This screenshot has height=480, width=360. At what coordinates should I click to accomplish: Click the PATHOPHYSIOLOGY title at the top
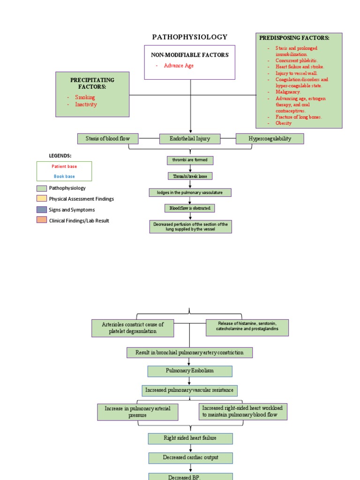[190, 37]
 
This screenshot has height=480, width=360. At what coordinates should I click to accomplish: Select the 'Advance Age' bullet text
[179, 66]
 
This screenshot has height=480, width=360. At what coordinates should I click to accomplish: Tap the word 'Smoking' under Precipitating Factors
[85, 97]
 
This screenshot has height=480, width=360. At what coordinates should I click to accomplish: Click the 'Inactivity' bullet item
[86, 105]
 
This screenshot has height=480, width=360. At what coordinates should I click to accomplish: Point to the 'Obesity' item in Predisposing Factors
[284, 123]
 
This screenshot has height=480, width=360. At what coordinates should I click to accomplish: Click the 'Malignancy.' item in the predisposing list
[288, 92]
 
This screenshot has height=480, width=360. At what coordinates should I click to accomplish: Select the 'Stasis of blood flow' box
[108, 138]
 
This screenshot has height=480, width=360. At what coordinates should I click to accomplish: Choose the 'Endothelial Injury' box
[190, 139]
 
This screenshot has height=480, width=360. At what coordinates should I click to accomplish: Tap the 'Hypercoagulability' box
[270, 138]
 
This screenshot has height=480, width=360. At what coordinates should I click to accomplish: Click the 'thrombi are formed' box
[190, 160]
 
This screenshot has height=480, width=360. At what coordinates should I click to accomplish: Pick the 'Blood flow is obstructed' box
[190, 208]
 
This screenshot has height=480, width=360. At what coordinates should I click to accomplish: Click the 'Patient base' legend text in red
[64, 166]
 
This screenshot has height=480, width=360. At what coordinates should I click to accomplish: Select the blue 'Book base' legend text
[64, 177]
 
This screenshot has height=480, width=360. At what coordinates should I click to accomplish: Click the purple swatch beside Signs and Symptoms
[42, 210]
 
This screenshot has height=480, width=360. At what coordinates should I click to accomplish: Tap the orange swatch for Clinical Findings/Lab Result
[42, 220]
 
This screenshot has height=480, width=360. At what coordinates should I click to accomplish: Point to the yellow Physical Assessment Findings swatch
[42, 198]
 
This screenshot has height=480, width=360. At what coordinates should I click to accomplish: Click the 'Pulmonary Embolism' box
[190, 371]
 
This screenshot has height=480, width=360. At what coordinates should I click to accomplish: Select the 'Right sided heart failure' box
[190, 438]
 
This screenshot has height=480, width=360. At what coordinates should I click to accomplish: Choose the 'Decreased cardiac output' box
[190, 457]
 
